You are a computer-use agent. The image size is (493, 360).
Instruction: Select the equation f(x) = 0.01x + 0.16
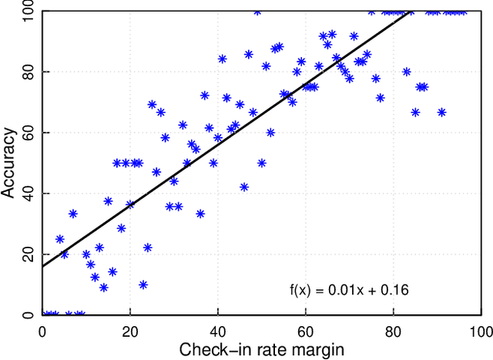click(x=348, y=291)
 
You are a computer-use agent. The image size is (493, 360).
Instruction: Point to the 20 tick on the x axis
click(x=130, y=329)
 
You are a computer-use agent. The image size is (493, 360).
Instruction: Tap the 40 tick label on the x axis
click(x=218, y=329)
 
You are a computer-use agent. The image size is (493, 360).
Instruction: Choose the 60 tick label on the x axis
click(x=306, y=329)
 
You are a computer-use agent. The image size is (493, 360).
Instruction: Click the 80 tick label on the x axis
click(x=394, y=329)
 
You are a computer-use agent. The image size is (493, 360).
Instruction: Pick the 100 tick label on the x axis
click(x=480, y=329)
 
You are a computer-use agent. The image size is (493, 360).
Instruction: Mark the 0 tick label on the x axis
click(x=42, y=329)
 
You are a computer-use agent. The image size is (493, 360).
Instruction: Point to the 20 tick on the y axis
click(x=30, y=254)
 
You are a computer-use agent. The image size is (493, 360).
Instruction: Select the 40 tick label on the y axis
click(x=30, y=193)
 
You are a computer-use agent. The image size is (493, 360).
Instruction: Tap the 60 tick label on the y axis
click(x=30, y=133)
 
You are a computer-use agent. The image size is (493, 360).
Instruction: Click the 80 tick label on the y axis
click(x=30, y=72)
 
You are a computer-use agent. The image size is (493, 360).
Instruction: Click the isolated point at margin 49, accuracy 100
click(x=257, y=12)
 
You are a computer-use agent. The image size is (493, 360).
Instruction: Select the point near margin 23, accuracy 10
click(x=143, y=284)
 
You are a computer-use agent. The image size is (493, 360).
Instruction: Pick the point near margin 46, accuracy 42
click(x=244, y=187)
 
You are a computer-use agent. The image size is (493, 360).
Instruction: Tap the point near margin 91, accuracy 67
click(x=442, y=112)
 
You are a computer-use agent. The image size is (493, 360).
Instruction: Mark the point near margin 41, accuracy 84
click(x=223, y=59)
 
